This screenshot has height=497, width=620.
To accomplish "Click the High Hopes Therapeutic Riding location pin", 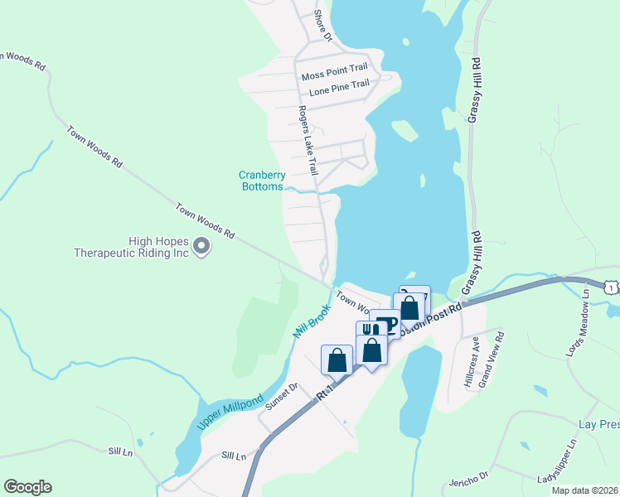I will (x=201, y=245).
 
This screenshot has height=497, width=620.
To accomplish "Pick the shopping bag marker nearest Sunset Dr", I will (x=337, y=359).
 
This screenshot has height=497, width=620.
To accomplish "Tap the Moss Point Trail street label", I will (x=334, y=75).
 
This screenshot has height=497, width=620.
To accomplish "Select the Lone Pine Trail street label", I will (x=339, y=85).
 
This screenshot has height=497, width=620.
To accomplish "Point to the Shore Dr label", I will (x=322, y=26).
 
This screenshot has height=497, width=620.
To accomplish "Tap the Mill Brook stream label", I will (x=312, y=321).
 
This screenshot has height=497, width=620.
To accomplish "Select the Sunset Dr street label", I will (x=281, y=398).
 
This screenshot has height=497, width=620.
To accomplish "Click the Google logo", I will (x=27, y=487).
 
